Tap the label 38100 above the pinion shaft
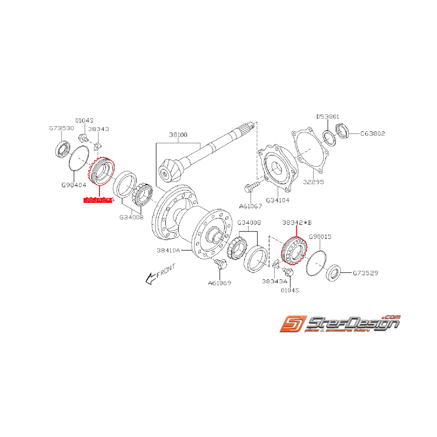[x=178, y=135]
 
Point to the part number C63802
[x=373, y=134]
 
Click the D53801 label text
[x=327, y=116]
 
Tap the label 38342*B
[x=297, y=224]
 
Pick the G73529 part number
[x=366, y=273]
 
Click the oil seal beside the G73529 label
[x=334, y=272]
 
